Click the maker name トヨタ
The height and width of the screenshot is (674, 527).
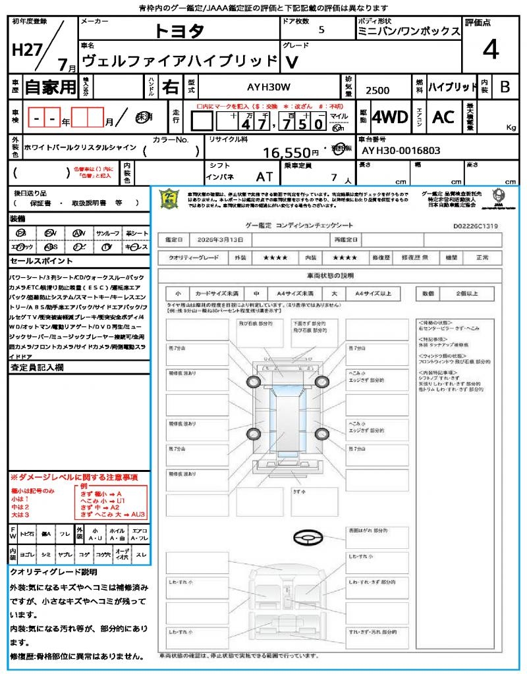(179, 32)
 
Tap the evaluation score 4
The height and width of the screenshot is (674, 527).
(489, 49)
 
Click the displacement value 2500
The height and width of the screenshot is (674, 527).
(377, 90)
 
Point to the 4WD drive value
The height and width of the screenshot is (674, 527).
(389, 117)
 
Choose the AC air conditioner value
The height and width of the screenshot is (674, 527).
(443, 117)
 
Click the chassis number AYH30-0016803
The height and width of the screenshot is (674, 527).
(401, 151)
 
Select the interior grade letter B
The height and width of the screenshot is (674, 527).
(505, 86)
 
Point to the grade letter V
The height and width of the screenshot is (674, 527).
(290, 62)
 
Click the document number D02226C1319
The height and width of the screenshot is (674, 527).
(475, 226)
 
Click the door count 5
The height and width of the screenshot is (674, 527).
(321, 30)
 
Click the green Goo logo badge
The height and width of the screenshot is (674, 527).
(170, 199)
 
